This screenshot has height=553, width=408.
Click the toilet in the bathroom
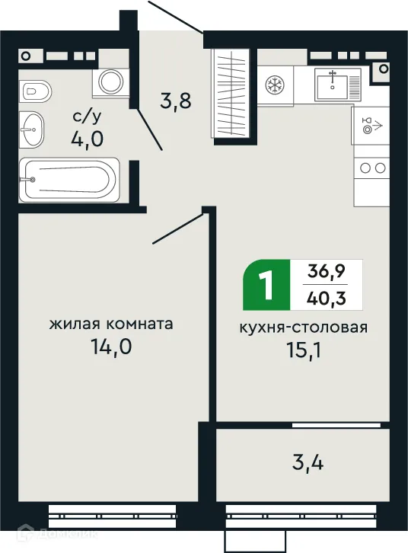pyautogui.click(x=35, y=91)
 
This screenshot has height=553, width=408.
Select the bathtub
pyautogui.click(x=69, y=179)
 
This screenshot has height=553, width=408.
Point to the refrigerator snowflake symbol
pyautogui.click(x=275, y=86)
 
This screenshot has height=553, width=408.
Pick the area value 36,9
pyautogui.click(x=325, y=270)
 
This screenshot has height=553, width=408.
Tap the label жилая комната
pyautogui.click(x=111, y=324)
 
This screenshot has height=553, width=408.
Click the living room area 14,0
pyautogui.click(x=111, y=348)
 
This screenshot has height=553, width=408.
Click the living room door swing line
pyautogui.click(x=180, y=229)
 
